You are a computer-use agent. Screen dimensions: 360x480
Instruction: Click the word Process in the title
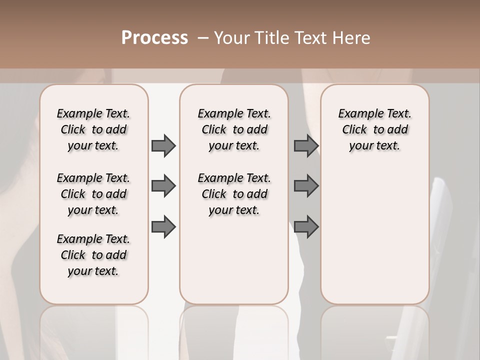(x=154, y=38)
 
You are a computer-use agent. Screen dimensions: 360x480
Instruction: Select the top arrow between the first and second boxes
(x=163, y=145)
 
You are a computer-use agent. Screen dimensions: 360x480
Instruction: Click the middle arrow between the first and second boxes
(x=163, y=186)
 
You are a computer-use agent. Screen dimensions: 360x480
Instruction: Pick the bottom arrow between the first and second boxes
(x=163, y=226)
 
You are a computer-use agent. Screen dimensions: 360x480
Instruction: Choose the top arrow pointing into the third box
(x=306, y=145)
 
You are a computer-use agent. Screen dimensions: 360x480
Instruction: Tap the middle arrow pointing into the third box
(x=306, y=186)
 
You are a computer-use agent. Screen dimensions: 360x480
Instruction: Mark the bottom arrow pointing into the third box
(x=306, y=226)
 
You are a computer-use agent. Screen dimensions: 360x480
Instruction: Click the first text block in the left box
(x=93, y=129)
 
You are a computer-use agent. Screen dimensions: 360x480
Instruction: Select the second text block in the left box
(x=93, y=194)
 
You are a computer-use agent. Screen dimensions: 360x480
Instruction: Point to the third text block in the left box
(x=93, y=255)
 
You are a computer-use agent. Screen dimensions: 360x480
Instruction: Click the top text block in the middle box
(x=234, y=129)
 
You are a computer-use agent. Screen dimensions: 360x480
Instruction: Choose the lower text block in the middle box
(x=234, y=194)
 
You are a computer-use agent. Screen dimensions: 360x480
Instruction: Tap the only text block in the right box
(x=374, y=129)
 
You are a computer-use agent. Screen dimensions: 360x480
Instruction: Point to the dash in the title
(x=203, y=38)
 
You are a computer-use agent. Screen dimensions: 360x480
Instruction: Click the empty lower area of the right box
(x=374, y=230)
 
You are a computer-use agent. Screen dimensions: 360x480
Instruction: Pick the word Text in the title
(x=307, y=38)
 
